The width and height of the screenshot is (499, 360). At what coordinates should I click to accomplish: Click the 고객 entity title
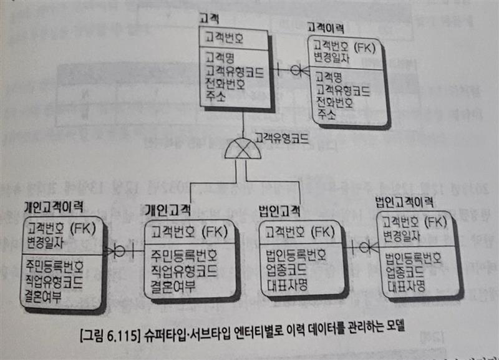(210, 19)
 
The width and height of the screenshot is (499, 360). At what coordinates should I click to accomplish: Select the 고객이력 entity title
(325, 28)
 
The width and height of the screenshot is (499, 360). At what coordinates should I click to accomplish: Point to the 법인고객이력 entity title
(405, 203)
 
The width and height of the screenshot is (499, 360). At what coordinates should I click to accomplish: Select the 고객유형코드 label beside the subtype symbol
(281, 138)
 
